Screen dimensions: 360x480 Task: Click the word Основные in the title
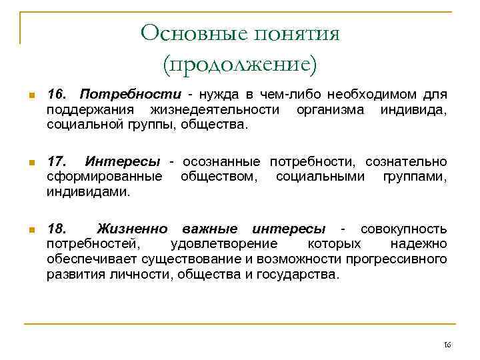tap(186, 33)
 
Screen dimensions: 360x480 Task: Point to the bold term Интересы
tap(123, 162)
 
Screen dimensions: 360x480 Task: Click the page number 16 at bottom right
tap(447, 345)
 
